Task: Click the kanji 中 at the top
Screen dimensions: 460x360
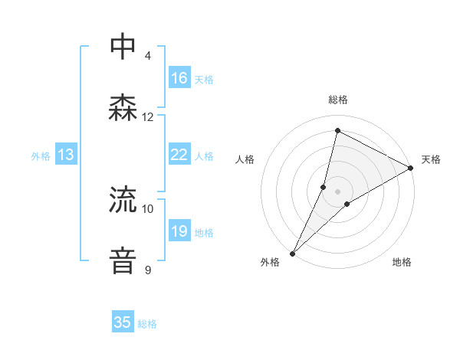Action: [x=123, y=47]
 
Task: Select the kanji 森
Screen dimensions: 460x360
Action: [x=123, y=108]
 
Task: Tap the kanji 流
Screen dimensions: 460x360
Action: [x=123, y=200]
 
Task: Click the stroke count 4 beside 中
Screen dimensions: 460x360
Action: [x=148, y=55]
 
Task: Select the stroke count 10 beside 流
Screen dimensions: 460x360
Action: [x=148, y=208]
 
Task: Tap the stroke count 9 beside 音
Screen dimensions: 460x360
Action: [x=148, y=269]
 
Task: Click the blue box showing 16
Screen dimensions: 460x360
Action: [x=179, y=78]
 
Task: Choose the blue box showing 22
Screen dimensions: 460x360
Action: [x=179, y=155]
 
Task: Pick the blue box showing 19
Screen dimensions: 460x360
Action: [x=179, y=231]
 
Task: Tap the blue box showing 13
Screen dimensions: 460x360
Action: [x=66, y=155]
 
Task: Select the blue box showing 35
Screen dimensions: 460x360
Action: [x=123, y=322]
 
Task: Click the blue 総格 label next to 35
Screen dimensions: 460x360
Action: [x=147, y=324]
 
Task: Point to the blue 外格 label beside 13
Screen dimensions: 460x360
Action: [x=41, y=156]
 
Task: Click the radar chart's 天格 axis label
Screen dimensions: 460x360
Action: [x=431, y=159]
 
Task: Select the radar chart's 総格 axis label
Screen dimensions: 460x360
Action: [x=338, y=100]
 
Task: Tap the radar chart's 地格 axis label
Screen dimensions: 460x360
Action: [x=402, y=262]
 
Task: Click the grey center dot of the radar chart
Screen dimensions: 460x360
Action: [x=338, y=191]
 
